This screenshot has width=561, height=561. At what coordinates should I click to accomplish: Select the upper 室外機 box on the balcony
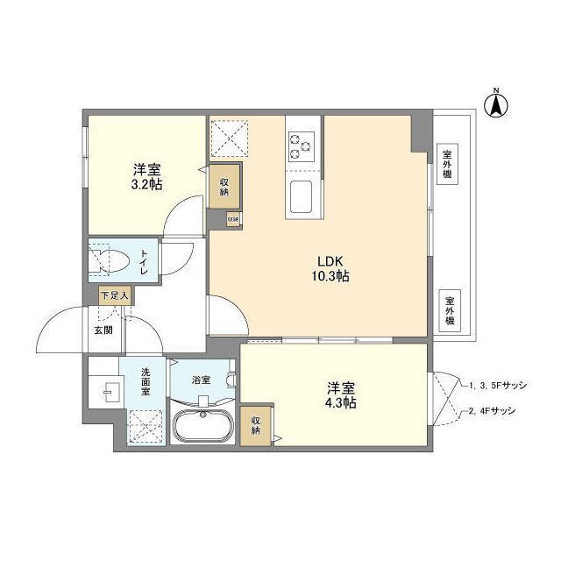[448, 163]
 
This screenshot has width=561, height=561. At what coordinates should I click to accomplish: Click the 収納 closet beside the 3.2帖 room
[224, 185]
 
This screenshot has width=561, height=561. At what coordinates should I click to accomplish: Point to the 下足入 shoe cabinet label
[114, 297]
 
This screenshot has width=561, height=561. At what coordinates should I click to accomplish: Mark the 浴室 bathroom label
[202, 380]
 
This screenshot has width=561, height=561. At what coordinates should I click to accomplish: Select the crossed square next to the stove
[231, 137]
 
